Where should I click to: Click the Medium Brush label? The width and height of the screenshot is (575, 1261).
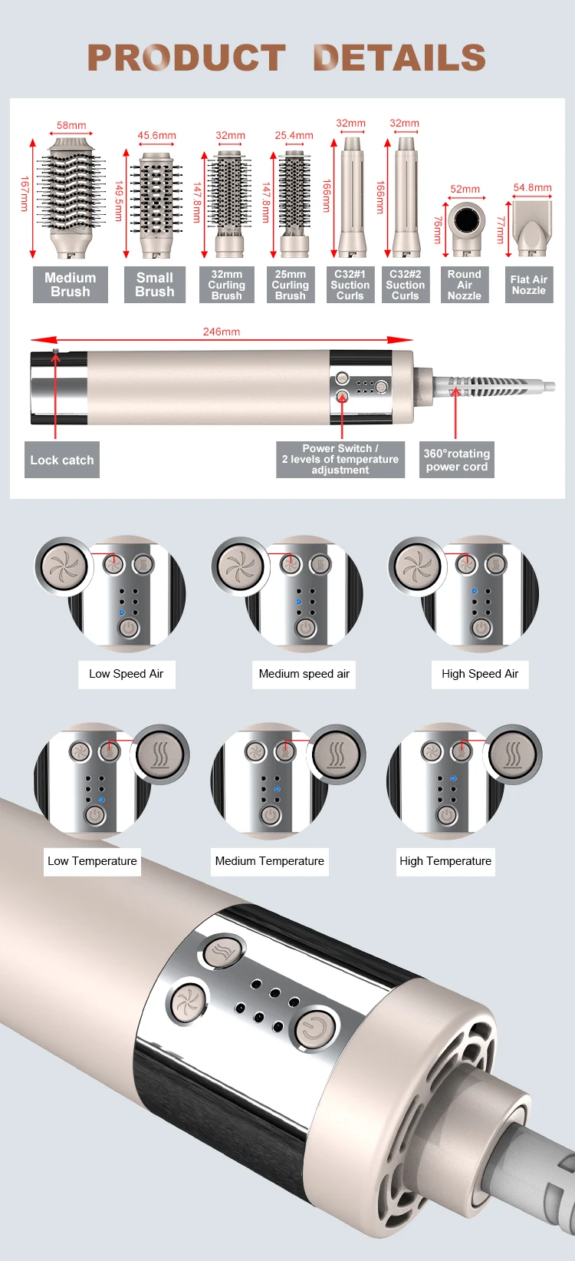71,285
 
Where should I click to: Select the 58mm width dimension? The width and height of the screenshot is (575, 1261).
71,126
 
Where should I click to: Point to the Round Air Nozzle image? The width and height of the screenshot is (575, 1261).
465,227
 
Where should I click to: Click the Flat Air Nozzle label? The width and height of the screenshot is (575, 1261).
529,285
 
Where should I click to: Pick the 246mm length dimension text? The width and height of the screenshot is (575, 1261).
222,332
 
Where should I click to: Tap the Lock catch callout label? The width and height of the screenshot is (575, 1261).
62,460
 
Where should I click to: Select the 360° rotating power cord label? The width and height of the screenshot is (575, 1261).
457,460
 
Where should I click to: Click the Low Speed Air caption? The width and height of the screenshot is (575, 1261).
127,674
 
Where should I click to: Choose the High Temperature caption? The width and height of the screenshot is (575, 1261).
445,861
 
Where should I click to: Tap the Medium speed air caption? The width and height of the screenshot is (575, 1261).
304,674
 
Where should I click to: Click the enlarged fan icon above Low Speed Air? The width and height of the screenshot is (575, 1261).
64,567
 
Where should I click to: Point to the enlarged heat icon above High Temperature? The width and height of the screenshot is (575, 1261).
513,754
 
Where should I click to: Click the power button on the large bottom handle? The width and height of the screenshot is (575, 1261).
314,1027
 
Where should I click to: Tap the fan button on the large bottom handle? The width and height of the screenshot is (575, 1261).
186,1002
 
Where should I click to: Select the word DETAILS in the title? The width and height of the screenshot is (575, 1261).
399,58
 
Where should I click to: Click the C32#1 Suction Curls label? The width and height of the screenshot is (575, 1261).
350,285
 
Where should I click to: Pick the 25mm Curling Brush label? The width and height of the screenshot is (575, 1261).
291,285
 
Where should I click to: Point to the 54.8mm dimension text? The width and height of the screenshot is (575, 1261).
533,187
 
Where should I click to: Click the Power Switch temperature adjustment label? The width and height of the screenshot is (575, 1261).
340,459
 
